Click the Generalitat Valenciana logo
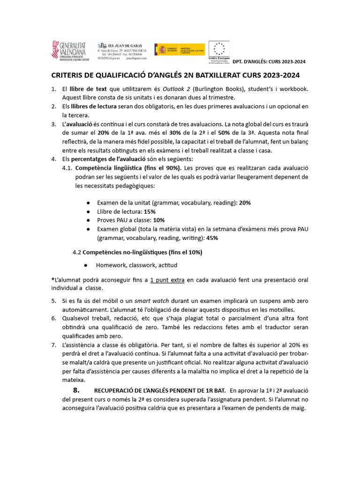click(69, 51)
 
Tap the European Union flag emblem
click(218, 48)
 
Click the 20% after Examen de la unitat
click(245, 203)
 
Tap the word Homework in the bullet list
click(113, 265)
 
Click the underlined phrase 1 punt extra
click(167, 280)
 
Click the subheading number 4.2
click(77, 252)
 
